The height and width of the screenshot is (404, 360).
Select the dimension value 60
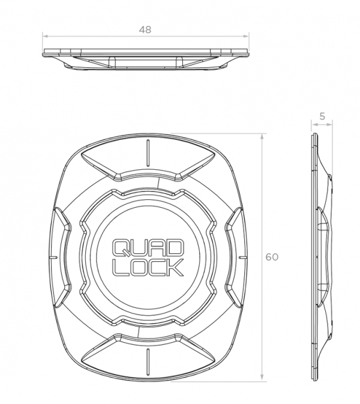click(x=272, y=257)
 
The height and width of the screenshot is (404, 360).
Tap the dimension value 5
click(x=323, y=117)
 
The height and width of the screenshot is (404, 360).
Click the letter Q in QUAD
click(x=122, y=247)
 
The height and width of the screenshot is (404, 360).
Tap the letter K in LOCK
click(x=175, y=267)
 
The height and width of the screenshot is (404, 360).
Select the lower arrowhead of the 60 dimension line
click(x=263, y=378)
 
